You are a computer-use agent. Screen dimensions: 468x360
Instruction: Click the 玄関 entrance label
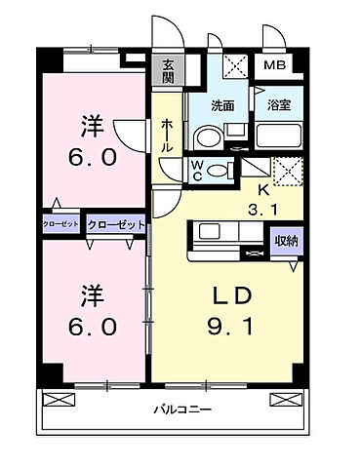(168, 70)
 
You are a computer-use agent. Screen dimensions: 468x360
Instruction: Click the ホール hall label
(166, 135)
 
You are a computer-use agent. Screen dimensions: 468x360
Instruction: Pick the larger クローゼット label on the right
(116, 224)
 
